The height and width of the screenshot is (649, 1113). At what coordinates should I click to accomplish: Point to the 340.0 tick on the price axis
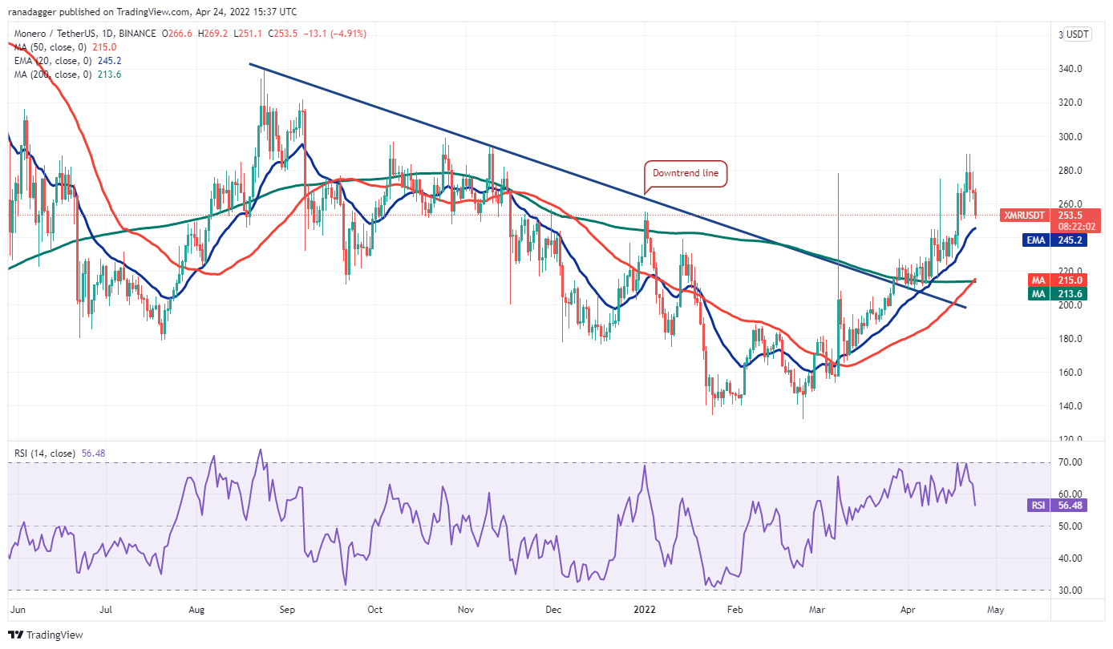pyautogui.click(x=1071, y=69)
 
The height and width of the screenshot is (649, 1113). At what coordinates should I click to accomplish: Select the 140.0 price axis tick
pyautogui.click(x=1071, y=406)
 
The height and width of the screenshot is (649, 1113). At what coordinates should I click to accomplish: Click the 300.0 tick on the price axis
pyautogui.click(x=1071, y=137)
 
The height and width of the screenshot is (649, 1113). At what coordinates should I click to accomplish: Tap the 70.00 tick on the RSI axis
pyautogui.click(x=1071, y=462)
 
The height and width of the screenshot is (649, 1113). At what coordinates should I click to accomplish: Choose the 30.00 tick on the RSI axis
pyautogui.click(x=1071, y=591)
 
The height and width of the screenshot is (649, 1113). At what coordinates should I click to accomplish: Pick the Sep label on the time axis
pyautogui.click(x=288, y=609)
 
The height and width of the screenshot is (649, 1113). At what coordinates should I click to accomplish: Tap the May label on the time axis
pyautogui.click(x=995, y=609)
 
